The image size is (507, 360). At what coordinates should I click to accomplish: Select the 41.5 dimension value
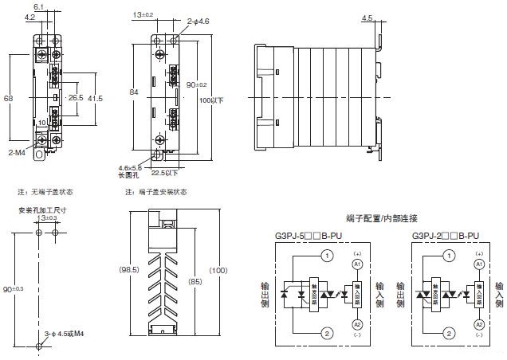coord(96,98)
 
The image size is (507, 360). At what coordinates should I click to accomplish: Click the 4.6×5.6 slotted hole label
coord(129,168)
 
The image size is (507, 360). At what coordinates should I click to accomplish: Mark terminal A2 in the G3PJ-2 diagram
coord(478,324)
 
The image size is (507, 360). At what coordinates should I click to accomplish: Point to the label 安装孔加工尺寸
coord(41,210)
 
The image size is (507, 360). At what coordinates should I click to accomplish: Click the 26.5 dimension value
coord(76,98)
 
